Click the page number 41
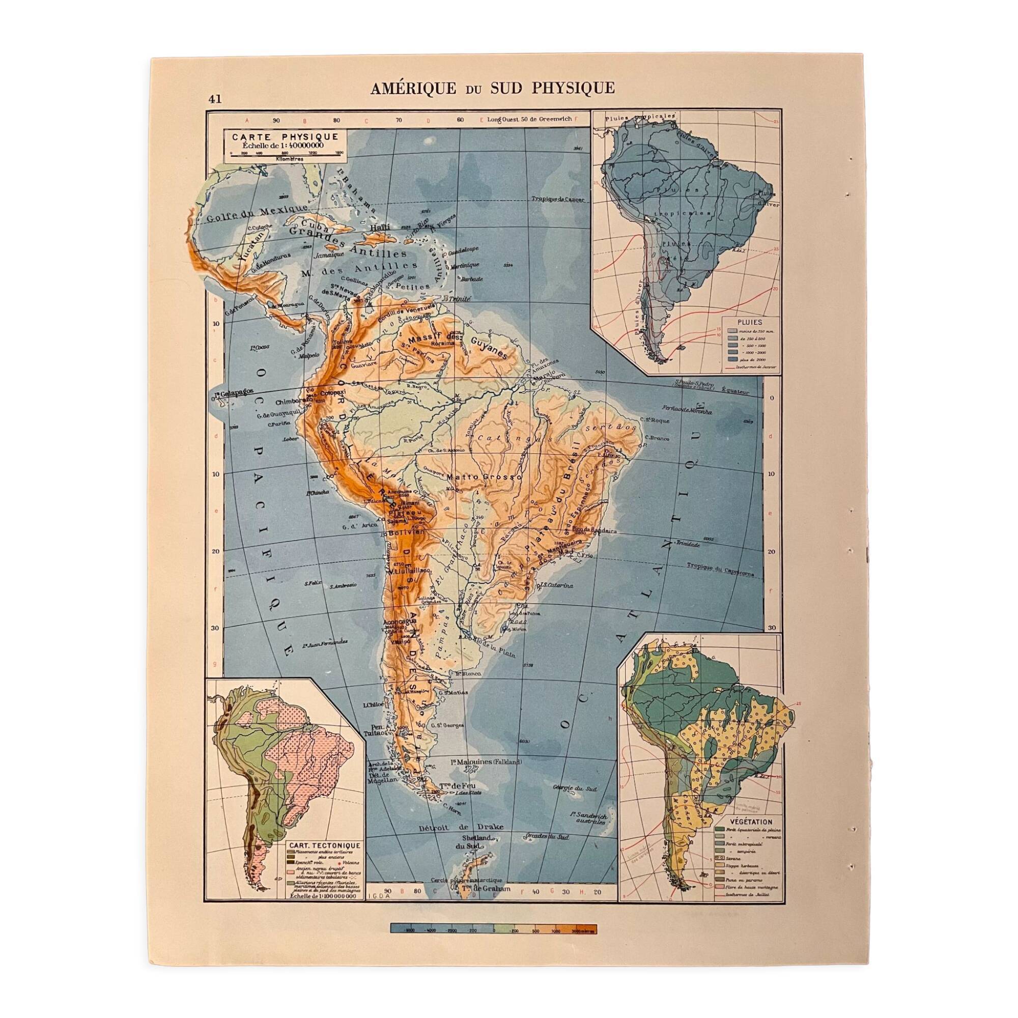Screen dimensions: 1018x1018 coord(214,99)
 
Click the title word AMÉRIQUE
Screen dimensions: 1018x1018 coord(413,89)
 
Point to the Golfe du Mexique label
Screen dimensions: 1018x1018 coord(257,213)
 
